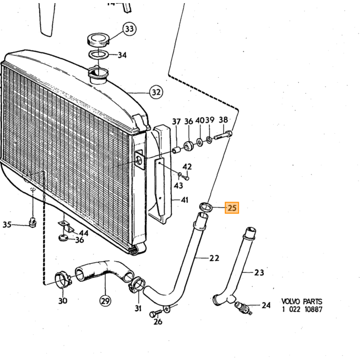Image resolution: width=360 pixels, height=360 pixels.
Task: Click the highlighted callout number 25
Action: click(232, 208)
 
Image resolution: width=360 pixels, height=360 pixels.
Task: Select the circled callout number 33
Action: click(130, 29)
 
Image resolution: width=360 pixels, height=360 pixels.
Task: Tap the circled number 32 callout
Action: click(156, 92)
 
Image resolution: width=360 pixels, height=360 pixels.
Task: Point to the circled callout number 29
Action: click(105, 301)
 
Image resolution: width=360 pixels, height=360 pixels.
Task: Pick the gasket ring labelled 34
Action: click(98, 54)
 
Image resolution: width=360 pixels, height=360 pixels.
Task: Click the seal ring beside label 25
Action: click(205, 206)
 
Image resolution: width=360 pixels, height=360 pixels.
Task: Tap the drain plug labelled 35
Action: click(32, 223)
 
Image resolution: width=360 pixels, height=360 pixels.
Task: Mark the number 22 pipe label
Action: click(214, 258)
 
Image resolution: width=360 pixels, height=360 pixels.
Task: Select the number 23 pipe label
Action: click(259, 273)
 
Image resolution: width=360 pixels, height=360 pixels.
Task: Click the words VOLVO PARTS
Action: click(302, 301)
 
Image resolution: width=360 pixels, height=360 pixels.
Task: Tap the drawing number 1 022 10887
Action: click(302, 309)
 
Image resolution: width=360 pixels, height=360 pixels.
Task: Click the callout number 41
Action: click(184, 200)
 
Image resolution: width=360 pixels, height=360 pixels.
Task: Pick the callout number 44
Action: click(83, 233)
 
